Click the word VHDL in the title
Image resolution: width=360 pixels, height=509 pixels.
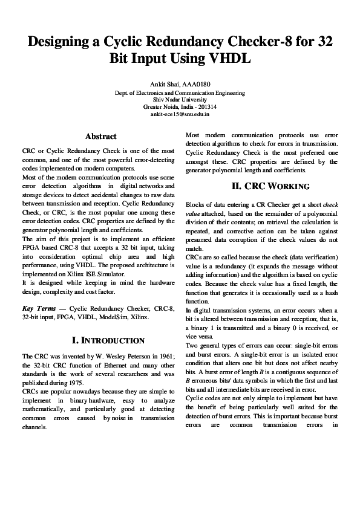click(227, 60)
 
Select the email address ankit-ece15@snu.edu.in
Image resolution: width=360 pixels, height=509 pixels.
click(180, 113)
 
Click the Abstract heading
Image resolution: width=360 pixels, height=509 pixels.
click(101, 137)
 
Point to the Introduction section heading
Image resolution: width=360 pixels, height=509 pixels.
click(108, 341)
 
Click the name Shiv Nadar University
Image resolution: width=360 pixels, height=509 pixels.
click(180, 100)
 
